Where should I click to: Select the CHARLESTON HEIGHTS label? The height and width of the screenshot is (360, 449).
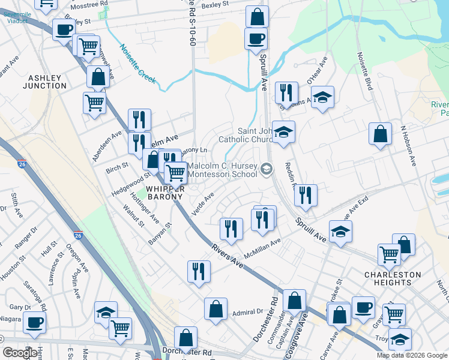click(393, 279)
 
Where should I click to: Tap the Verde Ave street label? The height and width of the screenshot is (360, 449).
click(202, 205)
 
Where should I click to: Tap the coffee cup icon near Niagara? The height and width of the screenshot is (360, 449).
click(34, 322)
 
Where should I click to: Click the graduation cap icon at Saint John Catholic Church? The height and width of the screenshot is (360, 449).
click(283, 132)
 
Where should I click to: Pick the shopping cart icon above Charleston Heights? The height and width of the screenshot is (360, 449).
click(390, 254)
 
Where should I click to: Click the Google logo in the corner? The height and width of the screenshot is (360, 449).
click(20, 353)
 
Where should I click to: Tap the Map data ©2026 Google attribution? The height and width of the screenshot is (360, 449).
click(411, 355)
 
